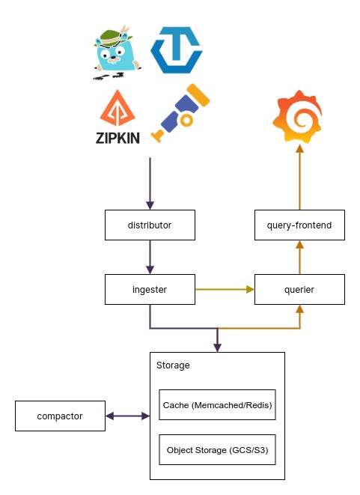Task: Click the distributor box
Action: coord(150,225)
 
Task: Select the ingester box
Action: coord(150,288)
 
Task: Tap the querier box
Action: coord(299,288)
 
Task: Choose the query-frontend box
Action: coord(299,225)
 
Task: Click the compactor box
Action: coord(60,416)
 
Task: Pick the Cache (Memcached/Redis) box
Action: coord(217,405)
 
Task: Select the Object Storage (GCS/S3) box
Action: coord(217,450)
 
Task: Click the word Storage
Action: coord(173,365)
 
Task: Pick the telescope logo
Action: coord(180,112)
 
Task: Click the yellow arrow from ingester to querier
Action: coord(225,288)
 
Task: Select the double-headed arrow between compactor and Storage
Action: coord(127,416)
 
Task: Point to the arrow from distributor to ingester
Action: coord(150,256)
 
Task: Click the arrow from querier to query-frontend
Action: coord(299,256)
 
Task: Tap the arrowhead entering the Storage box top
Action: coord(217,347)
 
